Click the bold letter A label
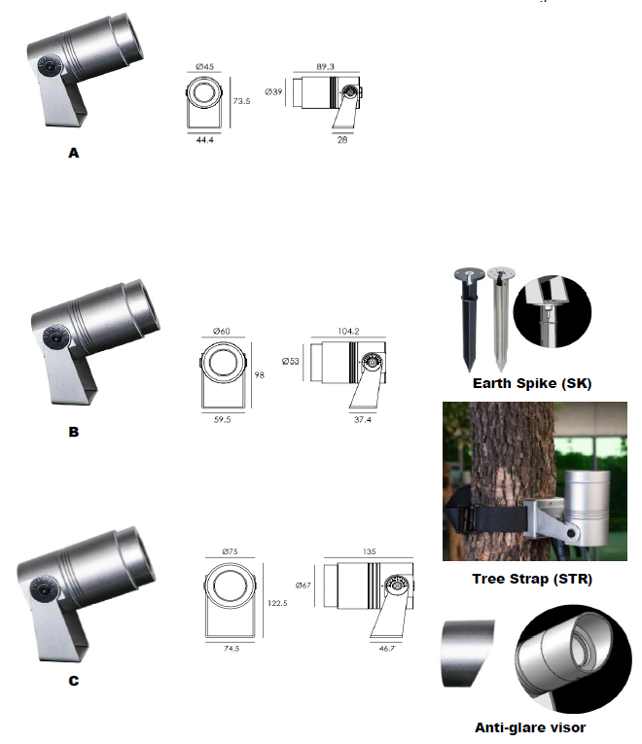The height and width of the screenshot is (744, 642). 74,153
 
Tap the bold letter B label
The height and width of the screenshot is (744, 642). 74,432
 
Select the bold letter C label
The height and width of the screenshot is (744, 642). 74,681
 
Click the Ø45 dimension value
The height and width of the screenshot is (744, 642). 204,66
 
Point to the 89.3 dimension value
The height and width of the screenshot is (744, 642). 326,66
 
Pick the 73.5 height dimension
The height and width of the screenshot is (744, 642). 241,101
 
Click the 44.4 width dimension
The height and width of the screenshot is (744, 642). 204,140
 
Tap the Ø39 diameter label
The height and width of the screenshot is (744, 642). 273,91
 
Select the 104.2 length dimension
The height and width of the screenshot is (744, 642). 348,332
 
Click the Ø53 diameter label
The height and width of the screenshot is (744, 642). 291,361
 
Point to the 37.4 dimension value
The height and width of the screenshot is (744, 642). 363,419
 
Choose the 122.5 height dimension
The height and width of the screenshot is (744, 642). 277,603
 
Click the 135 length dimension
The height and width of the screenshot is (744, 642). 370,551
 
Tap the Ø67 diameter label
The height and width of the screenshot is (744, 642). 303,585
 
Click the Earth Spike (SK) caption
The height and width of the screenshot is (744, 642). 532,383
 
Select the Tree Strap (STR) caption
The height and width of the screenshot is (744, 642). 532,579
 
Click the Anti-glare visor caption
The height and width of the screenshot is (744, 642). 530,727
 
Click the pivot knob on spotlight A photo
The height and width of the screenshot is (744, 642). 49,65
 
